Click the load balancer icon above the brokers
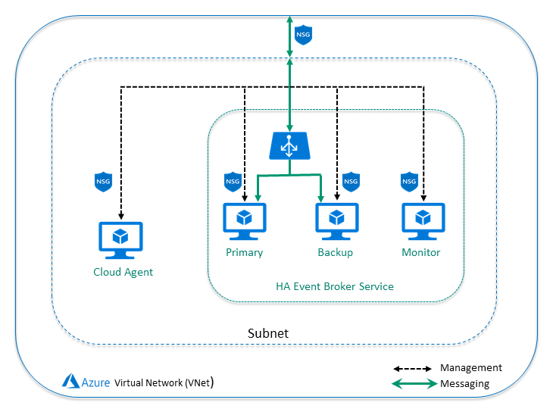click(x=289, y=145)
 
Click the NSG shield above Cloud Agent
click(x=103, y=182)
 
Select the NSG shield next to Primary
click(x=233, y=182)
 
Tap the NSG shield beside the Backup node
click(x=351, y=182)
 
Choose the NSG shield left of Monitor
click(x=409, y=182)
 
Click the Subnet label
click(x=268, y=333)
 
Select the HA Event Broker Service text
click(x=334, y=286)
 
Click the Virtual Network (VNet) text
click(x=164, y=383)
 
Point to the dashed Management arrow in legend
click(x=412, y=369)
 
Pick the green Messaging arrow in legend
click(x=412, y=384)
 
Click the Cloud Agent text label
click(x=123, y=272)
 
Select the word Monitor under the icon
click(x=421, y=252)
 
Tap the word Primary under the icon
click(x=244, y=252)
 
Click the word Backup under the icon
click(x=335, y=252)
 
